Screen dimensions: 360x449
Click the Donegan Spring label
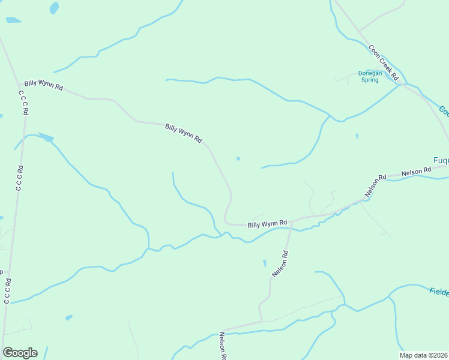click(x=369, y=76)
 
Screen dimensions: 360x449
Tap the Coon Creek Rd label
click(x=384, y=63)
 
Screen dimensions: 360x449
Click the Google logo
click(x=20, y=353)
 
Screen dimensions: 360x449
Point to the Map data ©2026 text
click(x=424, y=355)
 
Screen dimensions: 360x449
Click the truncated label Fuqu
click(x=441, y=161)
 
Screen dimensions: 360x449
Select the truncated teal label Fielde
click(x=439, y=292)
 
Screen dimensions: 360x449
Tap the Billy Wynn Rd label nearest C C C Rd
click(x=43, y=85)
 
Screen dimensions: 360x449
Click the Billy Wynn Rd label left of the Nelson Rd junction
click(x=267, y=224)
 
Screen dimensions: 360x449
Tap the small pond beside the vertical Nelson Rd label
click(x=264, y=263)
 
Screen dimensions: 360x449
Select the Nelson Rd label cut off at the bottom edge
click(x=223, y=346)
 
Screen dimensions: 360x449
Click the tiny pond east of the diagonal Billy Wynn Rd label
click(x=238, y=159)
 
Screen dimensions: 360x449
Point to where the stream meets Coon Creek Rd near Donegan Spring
click(x=399, y=85)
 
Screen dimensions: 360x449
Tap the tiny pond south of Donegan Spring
click(x=357, y=136)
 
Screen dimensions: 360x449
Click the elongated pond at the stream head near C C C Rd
click(x=46, y=137)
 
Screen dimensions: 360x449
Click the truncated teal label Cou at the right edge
click(x=444, y=112)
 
